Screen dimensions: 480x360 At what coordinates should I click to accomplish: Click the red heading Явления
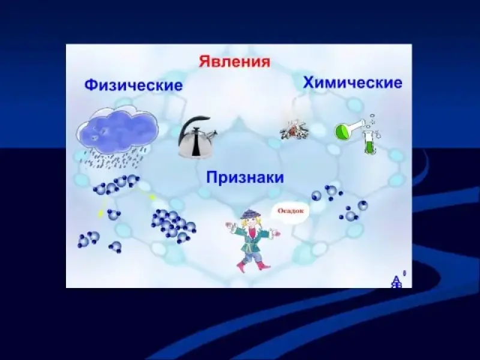pos(235,62)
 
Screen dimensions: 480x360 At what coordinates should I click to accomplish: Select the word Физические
pos(133,85)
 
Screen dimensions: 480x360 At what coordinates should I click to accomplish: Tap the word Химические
pos(352,83)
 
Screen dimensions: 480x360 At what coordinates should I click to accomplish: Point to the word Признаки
pos(245,177)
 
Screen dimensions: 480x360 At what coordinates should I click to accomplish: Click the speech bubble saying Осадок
pos(290,212)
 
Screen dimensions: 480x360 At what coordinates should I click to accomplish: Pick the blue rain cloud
pos(118,129)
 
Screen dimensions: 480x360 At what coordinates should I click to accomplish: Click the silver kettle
pos(197,138)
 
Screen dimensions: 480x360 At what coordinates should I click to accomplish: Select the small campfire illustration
pos(294,130)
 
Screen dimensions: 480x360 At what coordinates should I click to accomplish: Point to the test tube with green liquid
pos(369,142)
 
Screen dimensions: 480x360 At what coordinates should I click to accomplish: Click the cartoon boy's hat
pos(250,214)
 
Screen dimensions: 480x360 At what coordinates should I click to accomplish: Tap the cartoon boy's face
pos(250,223)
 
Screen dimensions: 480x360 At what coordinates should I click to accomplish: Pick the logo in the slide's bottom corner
pos(397,281)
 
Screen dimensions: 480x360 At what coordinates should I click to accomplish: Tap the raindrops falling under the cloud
pos(113,158)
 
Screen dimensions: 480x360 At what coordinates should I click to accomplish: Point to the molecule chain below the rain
pos(116,184)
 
